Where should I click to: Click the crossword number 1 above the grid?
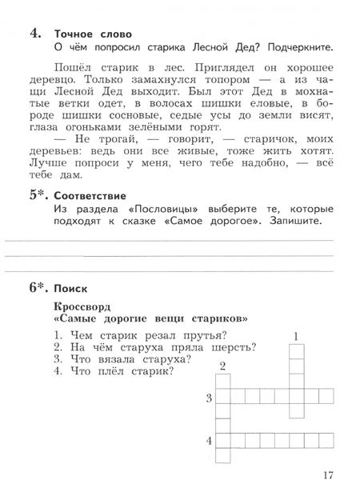(296, 336)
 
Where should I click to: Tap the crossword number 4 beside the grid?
(209, 441)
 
